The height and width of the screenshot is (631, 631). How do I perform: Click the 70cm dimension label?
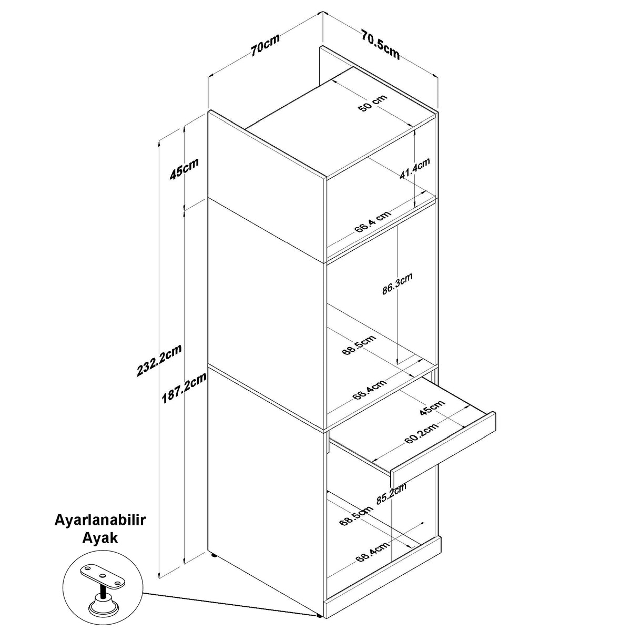pos(265,44)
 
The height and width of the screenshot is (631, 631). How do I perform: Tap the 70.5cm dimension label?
pos(381,45)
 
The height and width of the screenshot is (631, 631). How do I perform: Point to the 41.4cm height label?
pos(414,169)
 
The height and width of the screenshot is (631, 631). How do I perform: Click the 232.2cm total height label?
pos(159,360)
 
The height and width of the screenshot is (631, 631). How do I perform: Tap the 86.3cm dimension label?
pos(397,283)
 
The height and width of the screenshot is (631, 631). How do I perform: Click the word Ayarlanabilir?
pos(100,520)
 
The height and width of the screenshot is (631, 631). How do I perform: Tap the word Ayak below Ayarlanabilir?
pos(100,538)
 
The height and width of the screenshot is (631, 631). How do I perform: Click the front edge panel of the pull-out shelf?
pos(443,450)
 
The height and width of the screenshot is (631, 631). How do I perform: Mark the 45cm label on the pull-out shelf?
pos(432,408)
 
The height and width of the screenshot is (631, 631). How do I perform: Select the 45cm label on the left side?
pos(184,169)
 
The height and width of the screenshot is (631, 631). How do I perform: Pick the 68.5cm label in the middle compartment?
pos(359,345)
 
